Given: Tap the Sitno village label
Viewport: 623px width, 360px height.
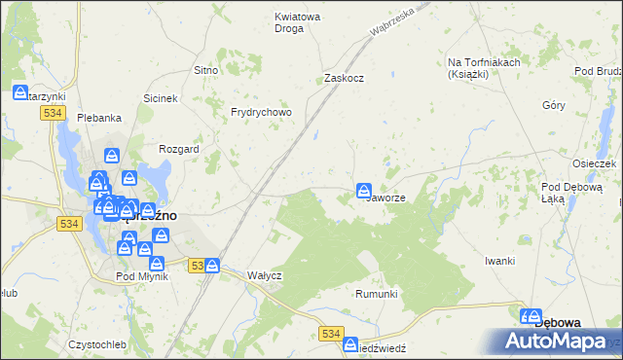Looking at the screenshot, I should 205,71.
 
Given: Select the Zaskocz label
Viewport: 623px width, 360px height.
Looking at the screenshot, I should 344,78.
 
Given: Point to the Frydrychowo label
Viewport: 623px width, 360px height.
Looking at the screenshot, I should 261,112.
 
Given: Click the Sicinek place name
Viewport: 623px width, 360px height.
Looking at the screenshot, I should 160,99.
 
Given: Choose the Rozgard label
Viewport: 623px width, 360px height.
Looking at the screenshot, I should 178,149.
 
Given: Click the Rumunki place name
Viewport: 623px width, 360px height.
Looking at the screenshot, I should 377,294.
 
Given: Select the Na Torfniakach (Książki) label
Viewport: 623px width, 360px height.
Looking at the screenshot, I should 480,68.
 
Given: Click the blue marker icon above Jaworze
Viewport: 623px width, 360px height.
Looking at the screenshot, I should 363,189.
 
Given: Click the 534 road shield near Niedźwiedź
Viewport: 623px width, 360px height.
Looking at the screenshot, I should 330,335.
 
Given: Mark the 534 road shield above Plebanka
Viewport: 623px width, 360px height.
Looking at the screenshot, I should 53,114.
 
